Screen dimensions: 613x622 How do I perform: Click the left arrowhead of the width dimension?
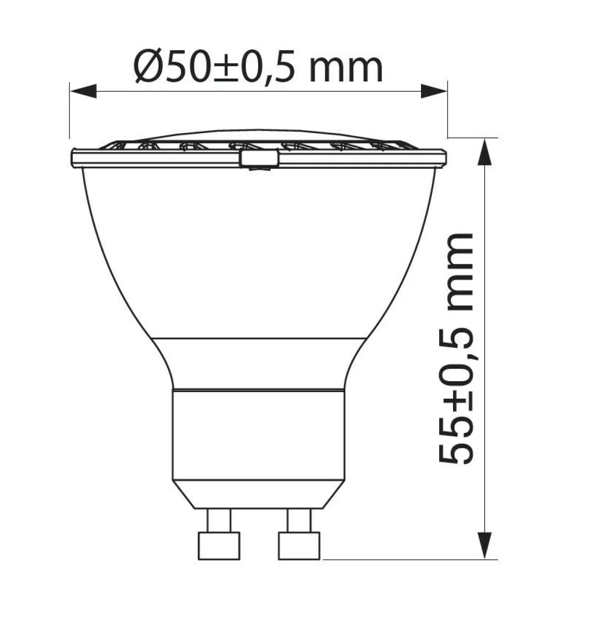pos(83,91)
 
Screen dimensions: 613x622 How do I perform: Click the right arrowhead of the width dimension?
pos(434,91)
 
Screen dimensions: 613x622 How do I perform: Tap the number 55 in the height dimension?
pos(456,447)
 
